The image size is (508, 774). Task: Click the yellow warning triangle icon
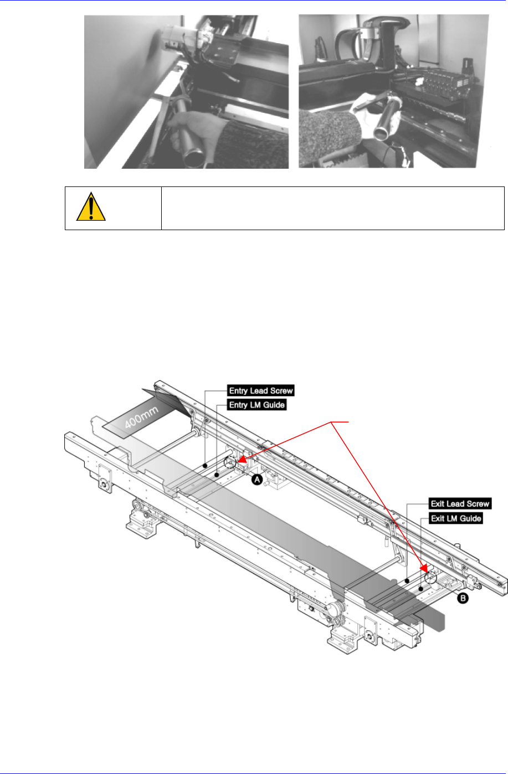click(x=91, y=207)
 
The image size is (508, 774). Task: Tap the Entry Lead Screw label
click(x=261, y=391)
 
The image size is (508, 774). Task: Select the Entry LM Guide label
click(x=256, y=404)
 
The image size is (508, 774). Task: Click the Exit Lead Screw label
click(x=460, y=503)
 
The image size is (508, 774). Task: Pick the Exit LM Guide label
click(x=456, y=518)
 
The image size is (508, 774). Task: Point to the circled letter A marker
click(x=257, y=479)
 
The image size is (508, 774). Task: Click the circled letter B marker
click(x=463, y=598)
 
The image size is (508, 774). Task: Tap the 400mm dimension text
click(x=141, y=417)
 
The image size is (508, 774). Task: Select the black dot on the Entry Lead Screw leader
click(x=205, y=466)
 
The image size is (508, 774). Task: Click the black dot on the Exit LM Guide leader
click(x=421, y=589)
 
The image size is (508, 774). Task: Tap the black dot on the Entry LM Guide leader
click(x=217, y=475)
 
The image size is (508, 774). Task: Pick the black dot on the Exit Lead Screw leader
click(x=407, y=581)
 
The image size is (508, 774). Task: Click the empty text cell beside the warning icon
click(x=333, y=208)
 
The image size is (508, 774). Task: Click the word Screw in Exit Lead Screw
click(x=478, y=503)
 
